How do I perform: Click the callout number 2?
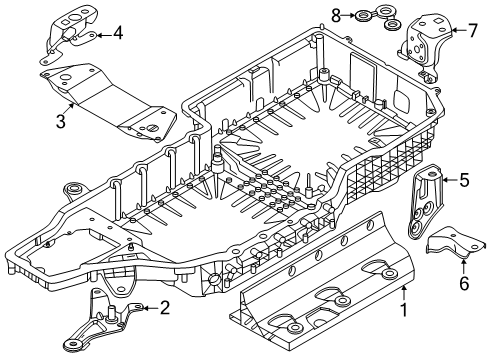pyautogui.click(x=164, y=308)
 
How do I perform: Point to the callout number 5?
pyautogui.click(x=464, y=182)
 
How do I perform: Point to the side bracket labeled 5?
pyautogui.click(x=428, y=200)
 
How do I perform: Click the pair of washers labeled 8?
pyautogui.click(x=375, y=18)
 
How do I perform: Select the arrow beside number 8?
pyautogui.click(x=352, y=14)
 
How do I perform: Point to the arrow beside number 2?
pyautogui.click(x=147, y=308)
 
